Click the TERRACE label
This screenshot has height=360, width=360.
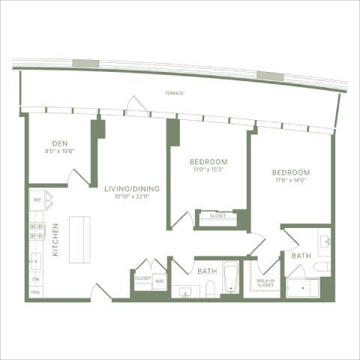[175, 94]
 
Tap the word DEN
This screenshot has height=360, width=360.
[61, 143]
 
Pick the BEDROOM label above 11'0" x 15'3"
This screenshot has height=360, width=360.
[208, 162]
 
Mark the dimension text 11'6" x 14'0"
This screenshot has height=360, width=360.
[291, 181]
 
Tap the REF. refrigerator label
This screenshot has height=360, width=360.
[35, 200]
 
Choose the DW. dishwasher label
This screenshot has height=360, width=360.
[35, 279]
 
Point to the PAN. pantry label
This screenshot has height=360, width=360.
[35, 292]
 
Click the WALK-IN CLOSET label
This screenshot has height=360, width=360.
[265, 283]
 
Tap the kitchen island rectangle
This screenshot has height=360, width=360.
[79, 239]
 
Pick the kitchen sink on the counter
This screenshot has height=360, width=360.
[35, 260]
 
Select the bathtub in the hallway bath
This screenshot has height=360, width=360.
[230, 279]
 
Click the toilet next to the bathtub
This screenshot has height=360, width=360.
[212, 289]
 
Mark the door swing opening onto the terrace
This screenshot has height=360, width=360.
[136, 105]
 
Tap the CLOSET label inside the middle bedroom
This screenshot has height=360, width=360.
[217, 216]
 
